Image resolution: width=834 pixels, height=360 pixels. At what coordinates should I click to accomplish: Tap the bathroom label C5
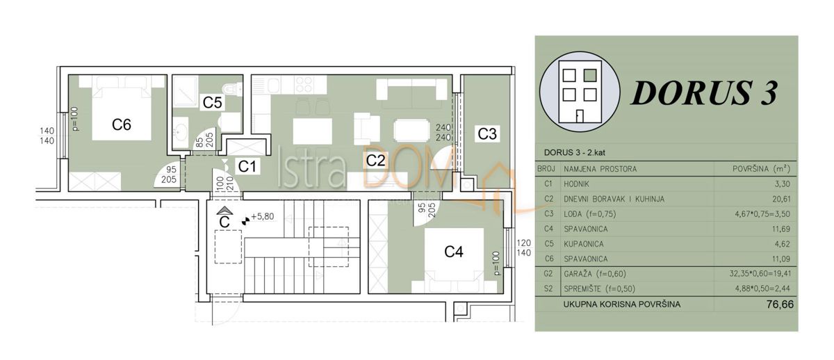212,102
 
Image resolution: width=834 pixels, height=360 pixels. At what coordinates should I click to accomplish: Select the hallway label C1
247,166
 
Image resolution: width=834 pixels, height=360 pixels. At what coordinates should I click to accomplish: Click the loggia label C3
487,134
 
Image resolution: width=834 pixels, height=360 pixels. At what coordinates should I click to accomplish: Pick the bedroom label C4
454,252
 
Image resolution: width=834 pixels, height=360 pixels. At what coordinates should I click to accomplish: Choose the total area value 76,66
777,304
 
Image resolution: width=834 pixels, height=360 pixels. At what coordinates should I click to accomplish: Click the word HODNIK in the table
579,183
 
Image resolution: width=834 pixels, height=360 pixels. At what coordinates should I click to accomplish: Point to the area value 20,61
781,199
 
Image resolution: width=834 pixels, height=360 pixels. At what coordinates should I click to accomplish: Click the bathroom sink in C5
181,130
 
